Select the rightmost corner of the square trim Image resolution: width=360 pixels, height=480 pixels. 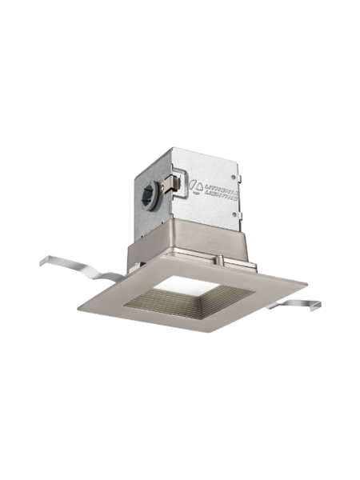(x=307, y=282)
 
